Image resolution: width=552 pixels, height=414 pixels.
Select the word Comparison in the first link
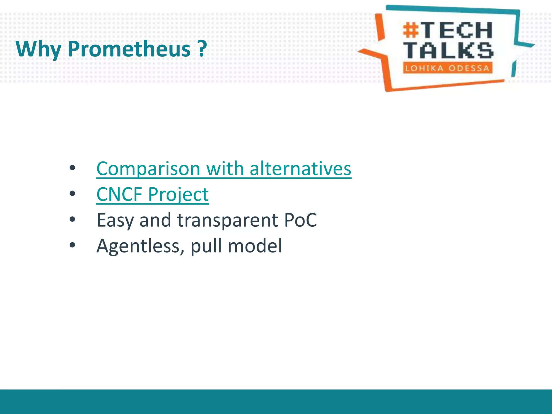[148, 169]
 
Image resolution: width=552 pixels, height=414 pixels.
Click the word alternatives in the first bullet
[300, 168]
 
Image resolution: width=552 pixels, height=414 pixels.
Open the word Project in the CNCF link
[178, 194]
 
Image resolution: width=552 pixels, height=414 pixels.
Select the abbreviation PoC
[301, 220]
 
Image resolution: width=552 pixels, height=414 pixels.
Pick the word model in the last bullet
[255, 246]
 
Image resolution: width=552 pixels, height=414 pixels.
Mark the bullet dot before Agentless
[72, 245]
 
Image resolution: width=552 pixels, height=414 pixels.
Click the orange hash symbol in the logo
[411, 30]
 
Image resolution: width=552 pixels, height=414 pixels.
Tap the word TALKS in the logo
[448, 50]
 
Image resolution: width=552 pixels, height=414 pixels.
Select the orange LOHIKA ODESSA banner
[447, 68]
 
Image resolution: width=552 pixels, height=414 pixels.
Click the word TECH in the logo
[457, 30]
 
